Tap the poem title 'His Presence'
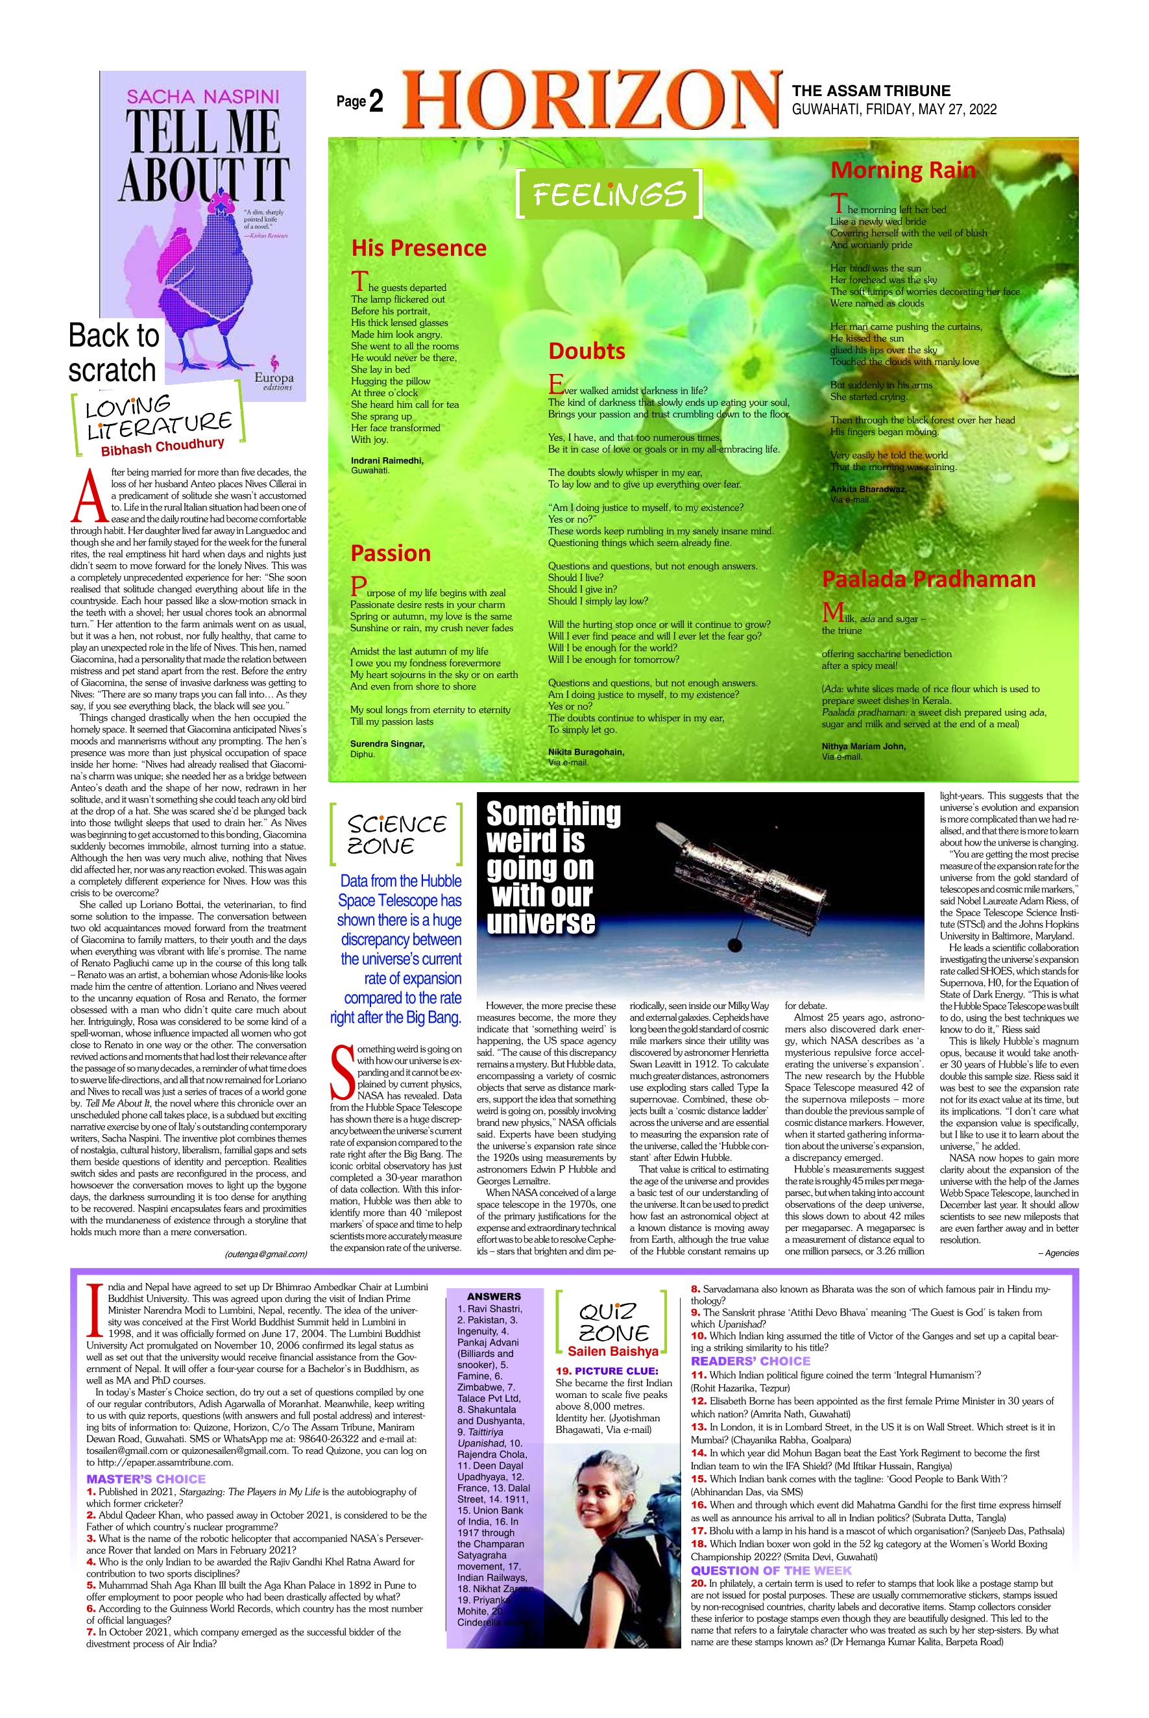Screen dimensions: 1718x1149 [x=418, y=248]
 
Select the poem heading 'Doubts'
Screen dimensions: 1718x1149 [x=587, y=351]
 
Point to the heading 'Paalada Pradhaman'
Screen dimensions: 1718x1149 [x=928, y=579]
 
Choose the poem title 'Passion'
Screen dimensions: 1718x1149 [x=390, y=553]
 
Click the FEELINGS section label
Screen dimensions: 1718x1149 [x=610, y=193]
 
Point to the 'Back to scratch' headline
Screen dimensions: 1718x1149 [x=114, y=353]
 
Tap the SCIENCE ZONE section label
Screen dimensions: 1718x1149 [x=396, y=835]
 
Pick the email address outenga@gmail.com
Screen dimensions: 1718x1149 [x=266, y=1254]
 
